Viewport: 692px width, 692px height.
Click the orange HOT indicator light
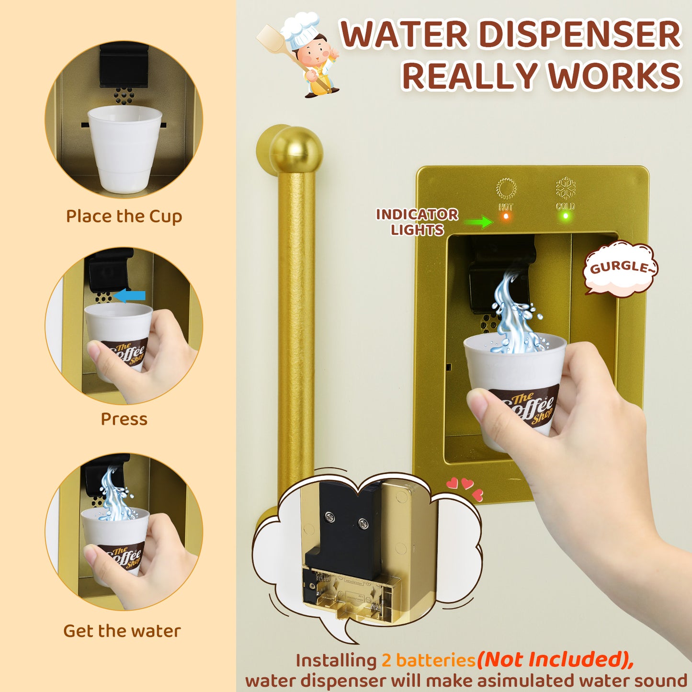(x=506, y=216)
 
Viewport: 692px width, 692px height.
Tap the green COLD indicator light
(x=566, y=216)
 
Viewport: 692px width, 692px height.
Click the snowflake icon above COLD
(x=566, y=188)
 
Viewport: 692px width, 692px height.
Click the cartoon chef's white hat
(x=299, y=30)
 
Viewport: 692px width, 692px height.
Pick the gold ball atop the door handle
(x=296, y=149)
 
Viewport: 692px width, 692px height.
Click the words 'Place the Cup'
(x=124, y=216)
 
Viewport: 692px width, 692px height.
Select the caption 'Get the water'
(x=122, y=631)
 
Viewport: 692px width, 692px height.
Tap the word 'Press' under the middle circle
(x=124, y=419)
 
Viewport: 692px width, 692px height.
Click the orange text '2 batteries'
(x=429, y=660)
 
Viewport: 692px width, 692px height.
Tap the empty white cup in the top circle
(x=125, y=148)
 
